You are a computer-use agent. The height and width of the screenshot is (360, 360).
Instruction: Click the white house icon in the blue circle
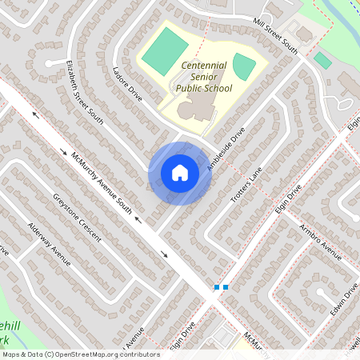click(180, 173)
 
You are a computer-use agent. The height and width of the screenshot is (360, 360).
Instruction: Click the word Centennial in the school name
click(204, 65)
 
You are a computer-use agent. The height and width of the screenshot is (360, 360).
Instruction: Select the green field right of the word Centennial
click(244, 68)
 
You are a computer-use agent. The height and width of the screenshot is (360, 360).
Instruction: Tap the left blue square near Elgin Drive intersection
click(216, 287)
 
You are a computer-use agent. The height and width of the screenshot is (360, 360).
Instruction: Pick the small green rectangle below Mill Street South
click(322, 61)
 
